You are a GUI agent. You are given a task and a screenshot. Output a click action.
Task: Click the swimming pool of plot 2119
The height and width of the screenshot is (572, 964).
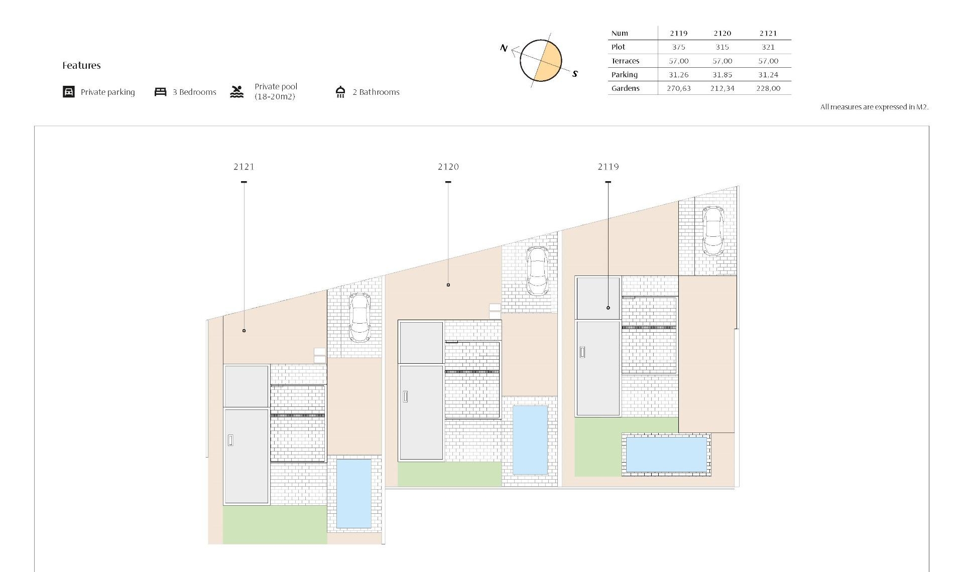(666, 454)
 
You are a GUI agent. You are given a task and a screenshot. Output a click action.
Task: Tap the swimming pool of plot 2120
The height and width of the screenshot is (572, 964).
(530, 440)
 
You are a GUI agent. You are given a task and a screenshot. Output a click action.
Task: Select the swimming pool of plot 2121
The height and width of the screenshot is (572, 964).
(353, 493)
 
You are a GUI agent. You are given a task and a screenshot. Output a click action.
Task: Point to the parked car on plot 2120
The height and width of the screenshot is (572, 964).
(537, 271)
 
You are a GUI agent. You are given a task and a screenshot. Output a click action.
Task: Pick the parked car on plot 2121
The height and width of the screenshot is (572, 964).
(359, 317)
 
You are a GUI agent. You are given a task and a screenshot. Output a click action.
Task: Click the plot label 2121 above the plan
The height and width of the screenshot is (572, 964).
(244, 167)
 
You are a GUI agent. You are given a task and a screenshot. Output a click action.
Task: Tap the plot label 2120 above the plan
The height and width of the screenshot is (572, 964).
(448, 167)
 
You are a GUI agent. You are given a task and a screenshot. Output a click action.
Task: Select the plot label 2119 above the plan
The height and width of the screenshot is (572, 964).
(608, 167)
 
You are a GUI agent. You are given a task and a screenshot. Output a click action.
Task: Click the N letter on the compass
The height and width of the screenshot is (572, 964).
(504, 48)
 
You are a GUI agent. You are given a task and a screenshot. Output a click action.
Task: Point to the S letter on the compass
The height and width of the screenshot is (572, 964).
(575, 74)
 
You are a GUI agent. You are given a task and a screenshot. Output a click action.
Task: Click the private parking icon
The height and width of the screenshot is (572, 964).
(69, 92)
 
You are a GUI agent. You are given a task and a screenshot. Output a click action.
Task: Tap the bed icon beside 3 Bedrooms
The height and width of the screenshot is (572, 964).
(160, 92)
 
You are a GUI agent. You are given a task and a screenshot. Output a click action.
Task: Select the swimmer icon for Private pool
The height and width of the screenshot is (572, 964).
(237, 92)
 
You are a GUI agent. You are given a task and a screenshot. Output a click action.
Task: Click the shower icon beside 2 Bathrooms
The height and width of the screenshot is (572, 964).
(340, 92)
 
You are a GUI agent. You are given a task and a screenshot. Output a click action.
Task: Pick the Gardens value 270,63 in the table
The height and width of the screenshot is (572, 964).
(678, 88)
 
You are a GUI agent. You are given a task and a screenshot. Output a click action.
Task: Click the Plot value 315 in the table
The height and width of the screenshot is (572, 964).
(722, 47)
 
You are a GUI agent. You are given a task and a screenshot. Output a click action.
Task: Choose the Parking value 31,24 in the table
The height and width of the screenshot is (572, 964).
(768, 75)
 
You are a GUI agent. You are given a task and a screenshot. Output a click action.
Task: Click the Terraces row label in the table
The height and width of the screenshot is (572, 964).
(625, 61)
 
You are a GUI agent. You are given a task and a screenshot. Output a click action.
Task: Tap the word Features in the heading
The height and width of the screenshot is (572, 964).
(81, 65)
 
